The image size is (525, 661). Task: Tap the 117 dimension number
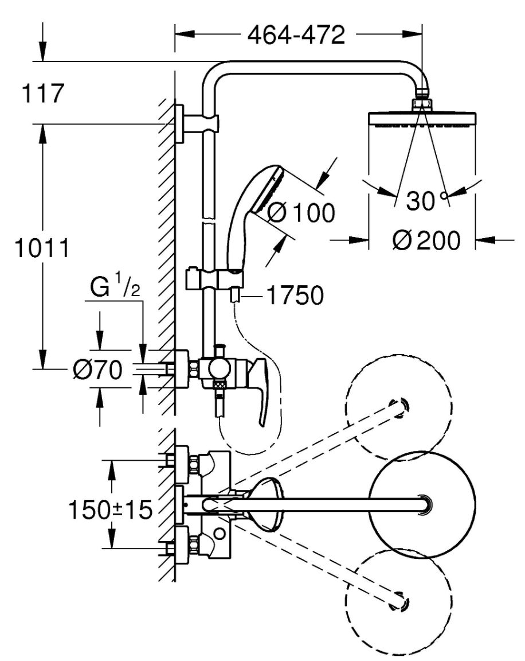43,93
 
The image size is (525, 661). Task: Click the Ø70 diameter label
97,370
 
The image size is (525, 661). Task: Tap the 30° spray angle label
426,200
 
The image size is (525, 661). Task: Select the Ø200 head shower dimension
426,241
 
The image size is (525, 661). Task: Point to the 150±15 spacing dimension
110,510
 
